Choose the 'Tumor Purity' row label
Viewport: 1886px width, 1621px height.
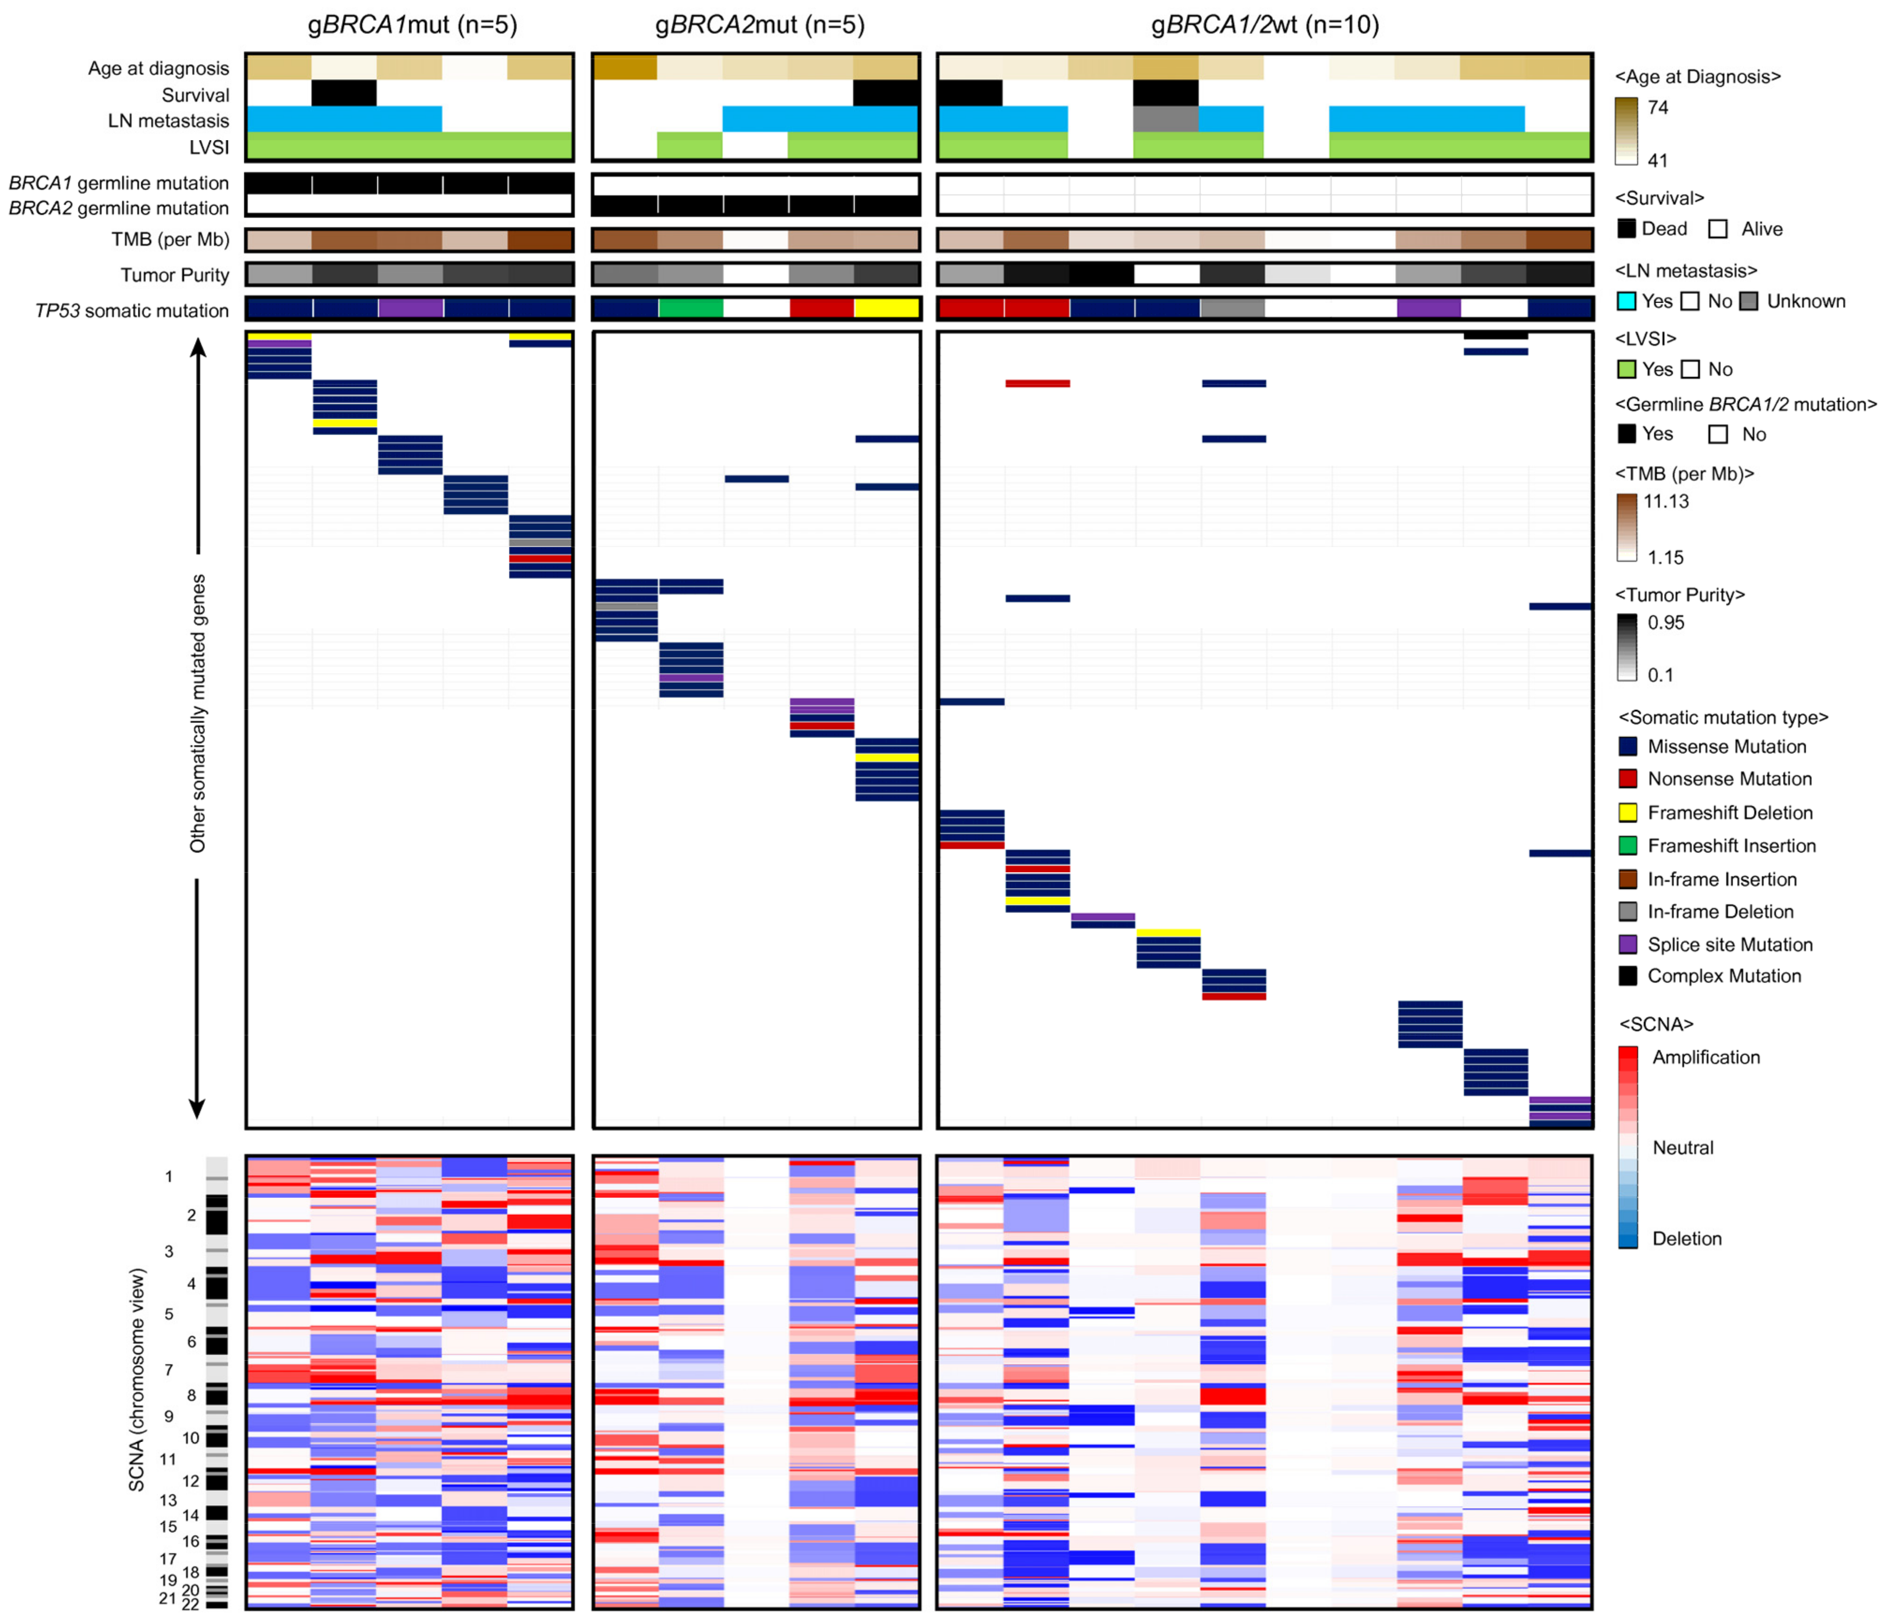pyautogui.click(x=175, y=275)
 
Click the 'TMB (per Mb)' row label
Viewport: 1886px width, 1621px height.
pyautogui.click(x=170, y=240)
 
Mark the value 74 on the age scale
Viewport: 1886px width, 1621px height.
pyautogui.click(x=1658, y=107)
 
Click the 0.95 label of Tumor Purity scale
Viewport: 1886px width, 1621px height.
pyautogui.click(x=1666, y=623)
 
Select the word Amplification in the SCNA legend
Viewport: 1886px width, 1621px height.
pyautogui.click(x=1706, y=1057)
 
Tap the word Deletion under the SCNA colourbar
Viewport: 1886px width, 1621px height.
pyautogui.click(x=1687, y=1238)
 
